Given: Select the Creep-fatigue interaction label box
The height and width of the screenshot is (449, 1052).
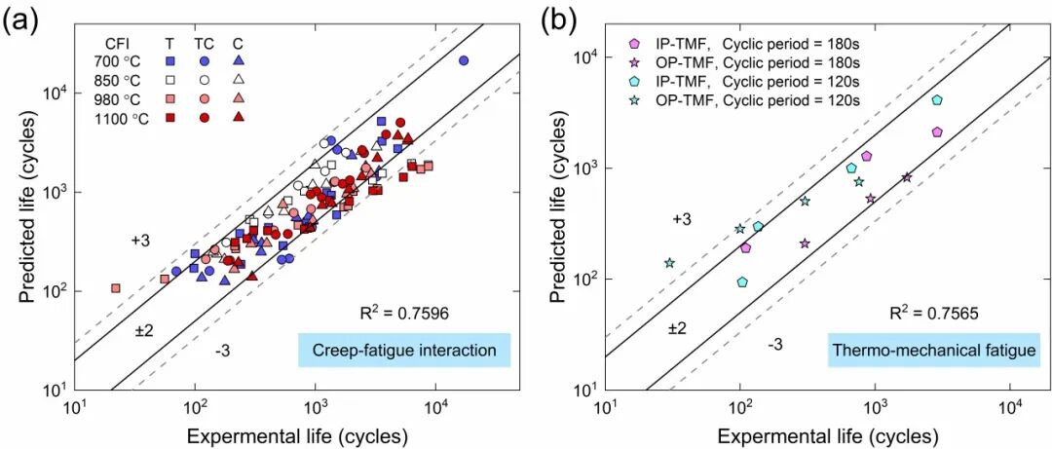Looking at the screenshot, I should point(405,350).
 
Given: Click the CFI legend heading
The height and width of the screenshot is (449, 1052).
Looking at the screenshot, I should point(117,42).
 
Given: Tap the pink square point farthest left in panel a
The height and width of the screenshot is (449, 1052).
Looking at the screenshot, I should point(116,288).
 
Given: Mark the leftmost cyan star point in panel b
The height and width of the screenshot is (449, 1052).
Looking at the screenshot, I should point(669,263).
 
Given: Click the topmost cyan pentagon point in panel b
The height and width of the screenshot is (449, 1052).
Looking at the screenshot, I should point(936,99).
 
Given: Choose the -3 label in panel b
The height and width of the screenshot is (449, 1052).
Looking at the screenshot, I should point(775,343).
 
